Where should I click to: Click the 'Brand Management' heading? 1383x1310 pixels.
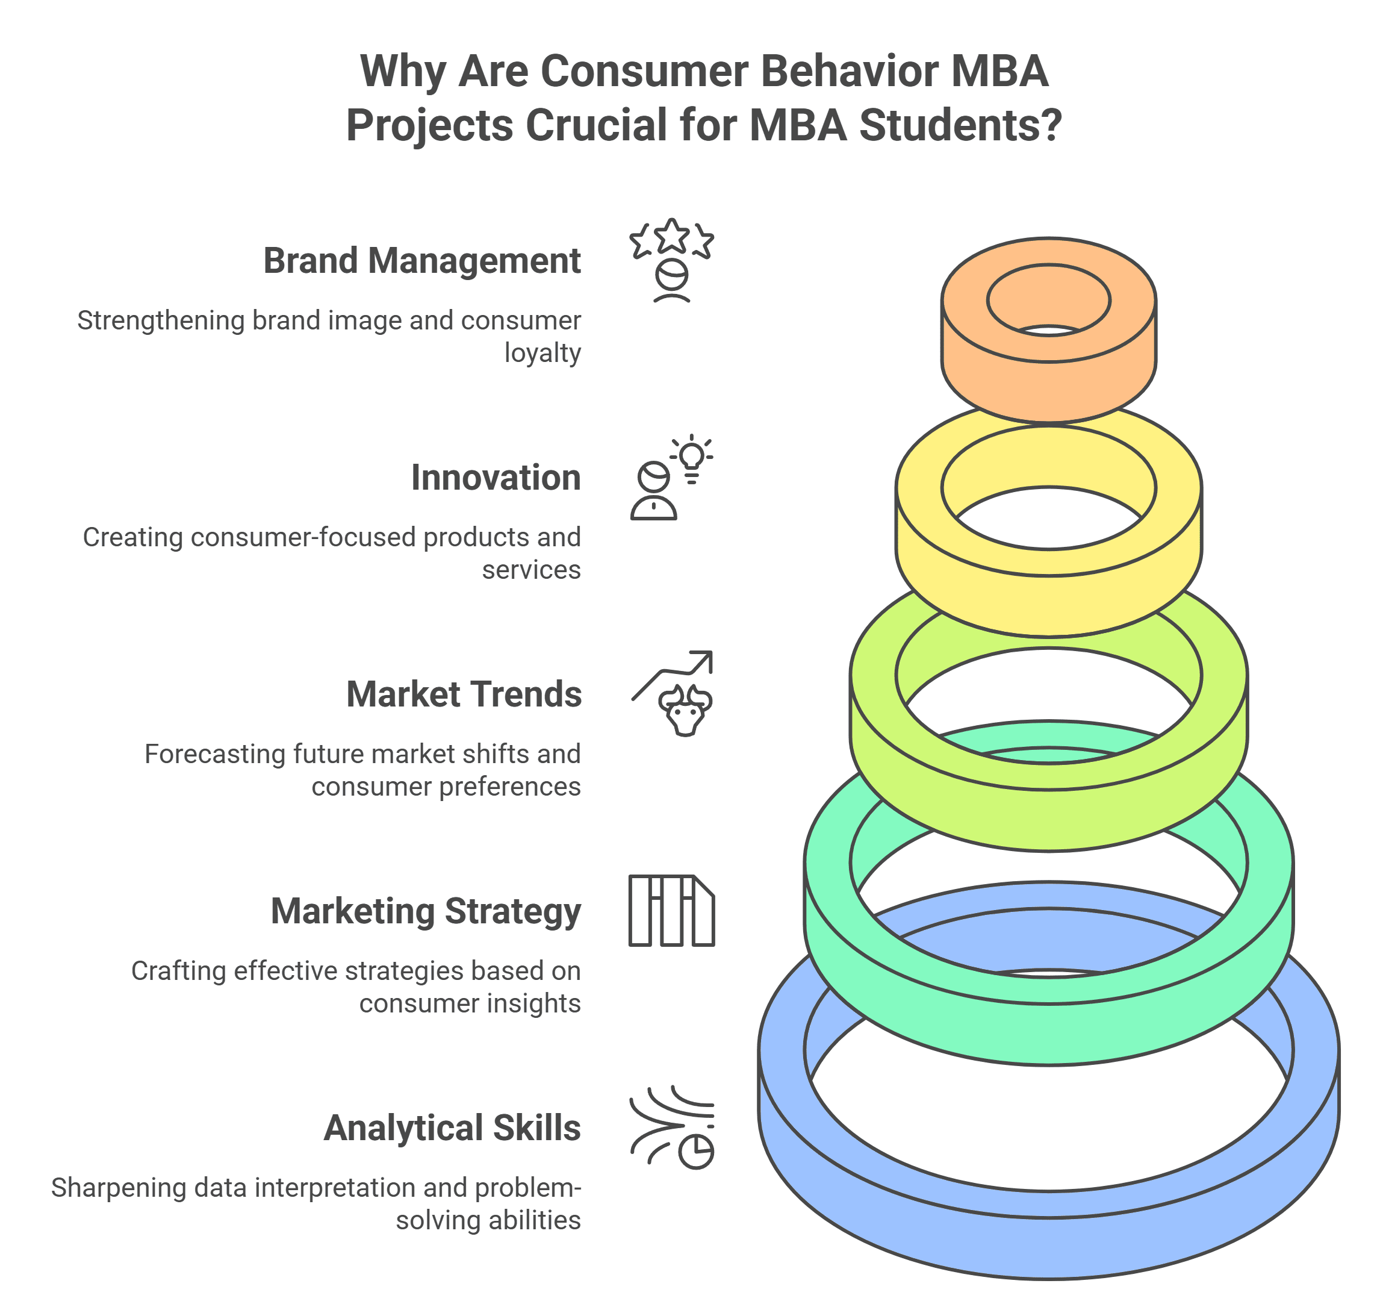421,261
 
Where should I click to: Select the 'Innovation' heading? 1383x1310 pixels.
496,478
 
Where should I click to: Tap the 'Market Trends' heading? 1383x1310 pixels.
464,695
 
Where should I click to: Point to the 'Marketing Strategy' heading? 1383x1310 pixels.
426,912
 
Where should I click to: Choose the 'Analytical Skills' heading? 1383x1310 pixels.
452,1129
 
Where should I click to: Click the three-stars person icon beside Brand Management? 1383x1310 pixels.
671,260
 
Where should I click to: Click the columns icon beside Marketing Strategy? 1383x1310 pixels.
671,911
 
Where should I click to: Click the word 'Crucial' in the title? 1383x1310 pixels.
597,126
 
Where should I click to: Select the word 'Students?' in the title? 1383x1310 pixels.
959,126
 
